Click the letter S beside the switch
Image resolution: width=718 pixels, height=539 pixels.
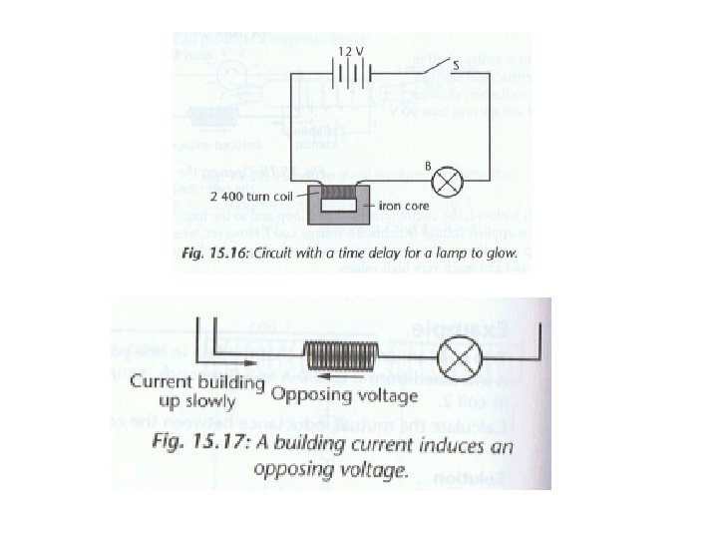click(456, 65)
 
